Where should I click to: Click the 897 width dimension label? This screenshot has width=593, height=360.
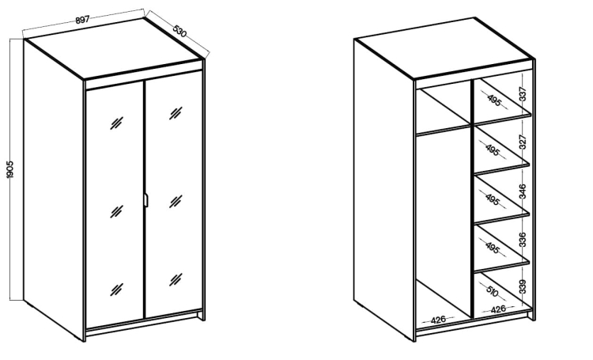pos(82,20)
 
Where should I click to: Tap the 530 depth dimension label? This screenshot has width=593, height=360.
pos(180,31)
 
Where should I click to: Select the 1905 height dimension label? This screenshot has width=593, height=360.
pos(10,169)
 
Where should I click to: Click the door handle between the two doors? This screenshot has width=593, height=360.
pos(146,201)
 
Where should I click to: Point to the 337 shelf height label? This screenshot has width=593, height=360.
pos(523,94)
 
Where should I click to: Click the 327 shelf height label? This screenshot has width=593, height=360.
pos(523,142)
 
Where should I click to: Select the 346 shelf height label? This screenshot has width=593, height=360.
pos(523,191)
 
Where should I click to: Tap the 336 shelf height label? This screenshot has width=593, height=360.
pos(523,239)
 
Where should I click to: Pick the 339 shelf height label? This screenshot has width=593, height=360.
pos(523,286)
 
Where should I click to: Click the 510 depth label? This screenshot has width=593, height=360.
pos(492,292)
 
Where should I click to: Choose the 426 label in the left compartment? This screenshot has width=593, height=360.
pos(438,320)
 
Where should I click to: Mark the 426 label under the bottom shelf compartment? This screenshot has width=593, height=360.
pos(498,309)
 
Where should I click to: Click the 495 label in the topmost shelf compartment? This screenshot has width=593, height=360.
pos(494,100)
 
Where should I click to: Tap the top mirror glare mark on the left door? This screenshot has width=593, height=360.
pos(116,123)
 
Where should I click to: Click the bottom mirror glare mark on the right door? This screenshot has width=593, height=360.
pos(176,279)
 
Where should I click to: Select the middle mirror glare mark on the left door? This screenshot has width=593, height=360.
pos(116,211)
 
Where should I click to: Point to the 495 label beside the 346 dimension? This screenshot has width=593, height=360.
pos(492,199)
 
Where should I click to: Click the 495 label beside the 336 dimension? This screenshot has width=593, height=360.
pos(492,248)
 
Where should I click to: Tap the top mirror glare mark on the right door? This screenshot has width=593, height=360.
pos(176,113)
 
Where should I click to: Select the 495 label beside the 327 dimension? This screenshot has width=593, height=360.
pos(492,150)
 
